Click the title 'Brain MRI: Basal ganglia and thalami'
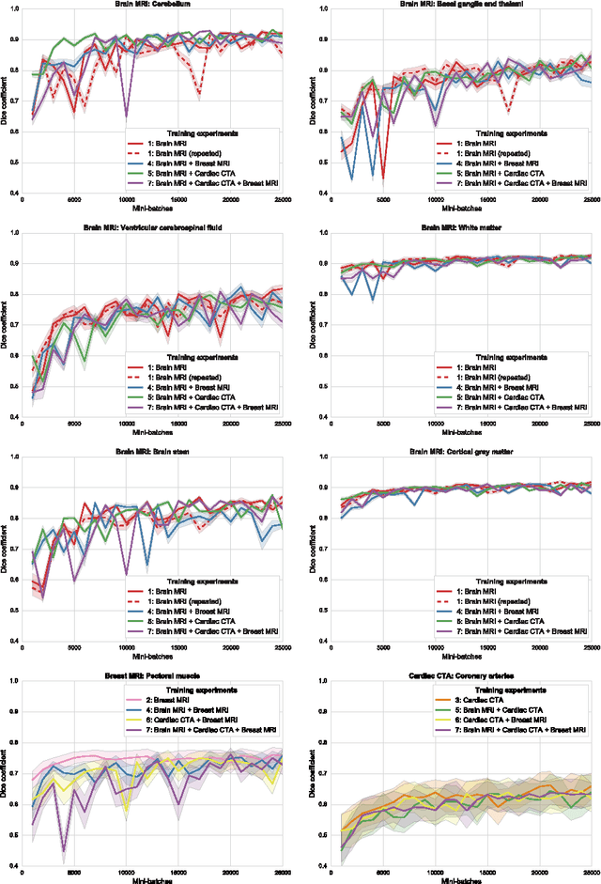[x=455, y=4]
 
